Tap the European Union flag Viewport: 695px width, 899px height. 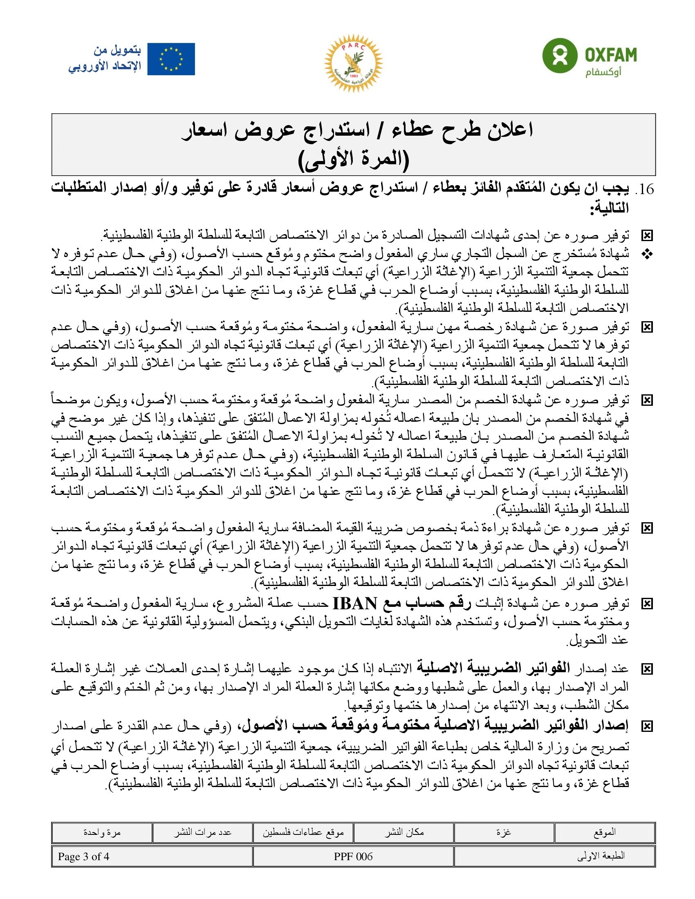pyautogui.click(x=171, y=59)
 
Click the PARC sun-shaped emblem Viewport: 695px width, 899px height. pyautogui.click(x=353, y=63)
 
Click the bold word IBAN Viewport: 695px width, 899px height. pyautogui.click(x=354, y=604)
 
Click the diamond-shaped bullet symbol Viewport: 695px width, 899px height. pyautogui.click(x=647, y=255)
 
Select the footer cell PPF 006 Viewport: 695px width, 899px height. pyautogui.click(x=353, y=856)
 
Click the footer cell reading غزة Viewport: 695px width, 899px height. pyautogui.click(x=504, y=832)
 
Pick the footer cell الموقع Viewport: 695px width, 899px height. pyautogui.click(x=604, y=832)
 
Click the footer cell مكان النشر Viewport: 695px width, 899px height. pyautogui.click(x=404, y=832)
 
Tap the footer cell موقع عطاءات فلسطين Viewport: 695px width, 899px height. pyautogui.click(x=303, y=832)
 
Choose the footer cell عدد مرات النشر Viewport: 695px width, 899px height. pyautogui.click(x=202, y=832)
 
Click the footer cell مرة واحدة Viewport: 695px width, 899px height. pyautogui.click(x=102, y=832)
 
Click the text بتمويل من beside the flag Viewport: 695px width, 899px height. pyautogui.click(x=117, y=51)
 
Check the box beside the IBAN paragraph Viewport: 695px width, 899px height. pyautogui.click(x=647, y=604)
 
